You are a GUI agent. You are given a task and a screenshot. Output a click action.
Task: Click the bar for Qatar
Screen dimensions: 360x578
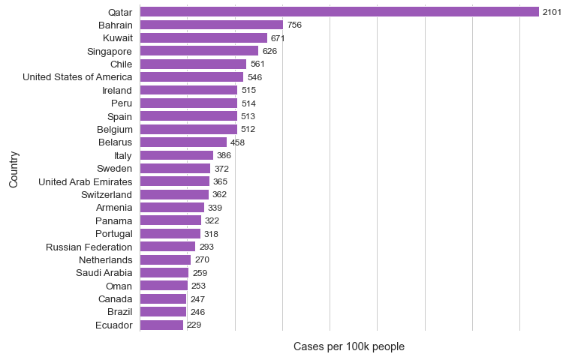pos(339,12)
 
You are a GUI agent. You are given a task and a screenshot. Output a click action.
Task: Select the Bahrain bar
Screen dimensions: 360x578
pos(212,25)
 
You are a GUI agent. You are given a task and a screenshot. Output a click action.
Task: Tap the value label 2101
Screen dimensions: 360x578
pos(552,12)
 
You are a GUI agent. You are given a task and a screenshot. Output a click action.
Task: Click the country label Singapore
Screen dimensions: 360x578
pos(110,51)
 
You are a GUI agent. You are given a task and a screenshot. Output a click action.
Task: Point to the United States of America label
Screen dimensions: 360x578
pos(77,77)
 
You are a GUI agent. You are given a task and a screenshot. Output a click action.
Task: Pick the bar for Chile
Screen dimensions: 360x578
pos(193,64)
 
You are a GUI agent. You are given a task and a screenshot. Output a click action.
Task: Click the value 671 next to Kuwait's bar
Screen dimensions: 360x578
pos(278,38)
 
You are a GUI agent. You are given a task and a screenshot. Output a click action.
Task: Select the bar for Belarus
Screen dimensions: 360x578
pos(183,142)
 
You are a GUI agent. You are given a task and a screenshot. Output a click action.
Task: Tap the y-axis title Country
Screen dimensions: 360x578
pos(14,169)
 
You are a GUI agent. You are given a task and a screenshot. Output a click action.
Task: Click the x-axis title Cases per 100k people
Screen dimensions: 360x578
pos(349,346)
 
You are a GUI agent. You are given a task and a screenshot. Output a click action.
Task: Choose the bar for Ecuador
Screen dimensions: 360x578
pos(161,325)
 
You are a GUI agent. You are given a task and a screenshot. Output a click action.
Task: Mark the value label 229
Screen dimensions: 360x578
pos(194,325)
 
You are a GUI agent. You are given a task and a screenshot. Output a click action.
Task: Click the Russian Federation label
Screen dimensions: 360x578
pos(89,247)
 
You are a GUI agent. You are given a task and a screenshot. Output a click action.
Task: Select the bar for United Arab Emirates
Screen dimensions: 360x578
pos(175,181)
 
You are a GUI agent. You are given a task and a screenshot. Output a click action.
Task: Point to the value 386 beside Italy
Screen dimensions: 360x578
pos(224,155)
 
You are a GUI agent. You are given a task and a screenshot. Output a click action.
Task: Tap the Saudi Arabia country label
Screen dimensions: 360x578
pos(104,273)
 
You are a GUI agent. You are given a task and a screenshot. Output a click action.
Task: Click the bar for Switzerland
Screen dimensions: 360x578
pos(174,194)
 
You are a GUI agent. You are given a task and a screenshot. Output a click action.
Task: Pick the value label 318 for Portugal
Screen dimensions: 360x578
pos(211,234)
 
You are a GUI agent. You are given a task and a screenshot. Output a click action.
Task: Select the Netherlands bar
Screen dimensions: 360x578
pos(166,259)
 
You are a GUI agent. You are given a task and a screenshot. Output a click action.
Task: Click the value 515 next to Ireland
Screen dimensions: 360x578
pos(248,90)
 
